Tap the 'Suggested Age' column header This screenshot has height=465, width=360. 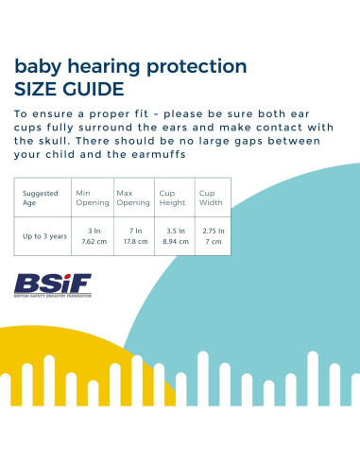tap(41, 197)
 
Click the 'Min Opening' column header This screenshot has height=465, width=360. tap(92, 197)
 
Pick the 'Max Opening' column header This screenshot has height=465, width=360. tap(132, 197)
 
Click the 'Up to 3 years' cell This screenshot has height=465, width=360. tap(45, 236)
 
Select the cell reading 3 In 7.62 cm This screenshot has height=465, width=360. tap(93, 236)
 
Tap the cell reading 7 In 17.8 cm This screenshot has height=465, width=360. tap(133, 236)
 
